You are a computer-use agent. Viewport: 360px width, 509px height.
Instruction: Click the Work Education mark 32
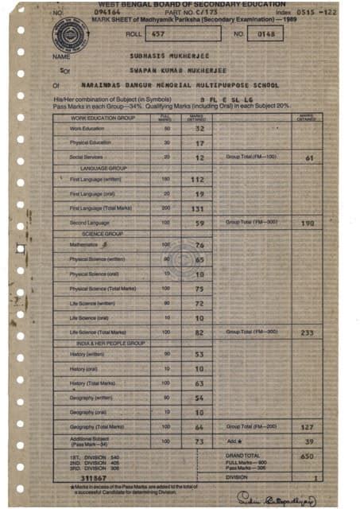click(199, 129)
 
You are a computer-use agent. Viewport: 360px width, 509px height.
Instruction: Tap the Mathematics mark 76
click(199, 246)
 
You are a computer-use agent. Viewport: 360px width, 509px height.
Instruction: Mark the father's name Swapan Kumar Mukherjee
click(170, 69)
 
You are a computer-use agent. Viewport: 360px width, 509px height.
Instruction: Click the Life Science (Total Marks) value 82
click(199, 332)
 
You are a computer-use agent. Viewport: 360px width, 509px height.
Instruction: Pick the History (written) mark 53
click(199, 354)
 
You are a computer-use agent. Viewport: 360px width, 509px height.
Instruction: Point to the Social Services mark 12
click(199, 158)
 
